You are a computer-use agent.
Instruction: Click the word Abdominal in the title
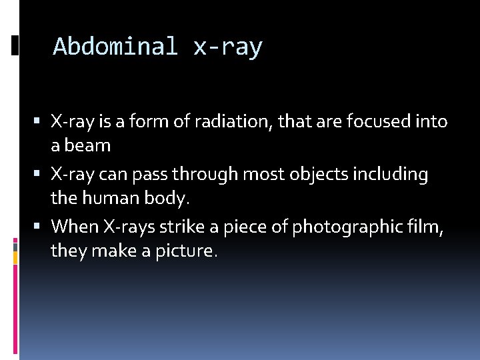click(x=115, y=47)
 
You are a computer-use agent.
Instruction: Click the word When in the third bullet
click(x=76, y=227)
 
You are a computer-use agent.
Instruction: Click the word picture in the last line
click(x=187, y=251)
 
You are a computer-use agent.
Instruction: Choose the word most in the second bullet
click(x=270, y=175)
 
